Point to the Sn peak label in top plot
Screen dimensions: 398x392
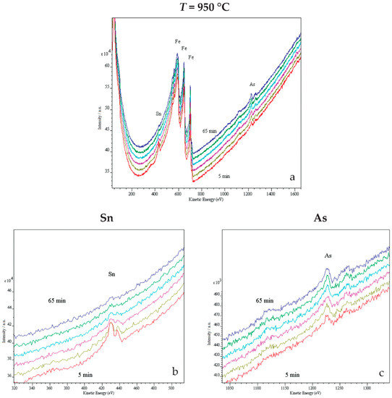tap(158, 114)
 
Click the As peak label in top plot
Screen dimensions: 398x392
tap(252, 85)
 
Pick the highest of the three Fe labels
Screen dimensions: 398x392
tap(177, 43)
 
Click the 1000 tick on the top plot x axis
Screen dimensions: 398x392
tap(224, 194)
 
